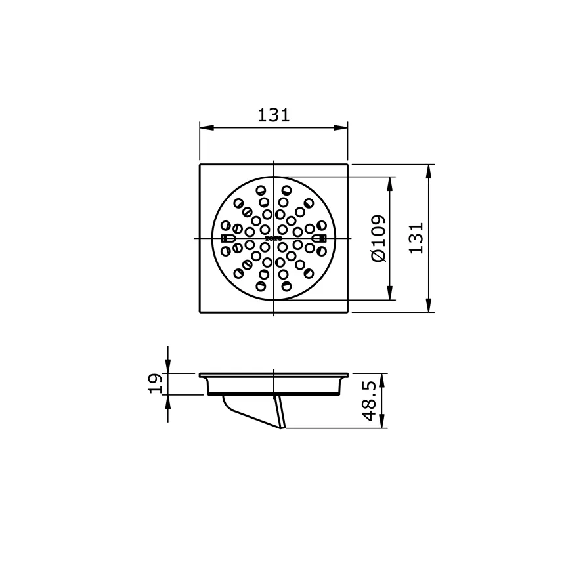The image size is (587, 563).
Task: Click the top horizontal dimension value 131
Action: (x=273, y=115)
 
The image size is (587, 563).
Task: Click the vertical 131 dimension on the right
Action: (x=416, y=238)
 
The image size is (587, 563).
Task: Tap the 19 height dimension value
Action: (x=155, y=383)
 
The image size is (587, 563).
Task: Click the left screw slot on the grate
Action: (x=227, y=238)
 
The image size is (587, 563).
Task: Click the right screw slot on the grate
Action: (x=320, y=238)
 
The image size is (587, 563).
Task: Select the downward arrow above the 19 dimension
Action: (x=168, y=367)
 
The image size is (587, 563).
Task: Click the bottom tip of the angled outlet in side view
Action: (x=284, y=428)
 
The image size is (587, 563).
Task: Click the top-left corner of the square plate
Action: (x=200, y=165)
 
